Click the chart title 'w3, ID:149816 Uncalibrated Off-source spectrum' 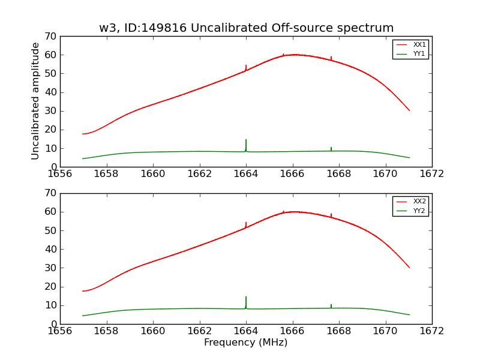click(246, 28)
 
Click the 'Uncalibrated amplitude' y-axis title click(36, 101)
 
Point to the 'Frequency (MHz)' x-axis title click(246, 343)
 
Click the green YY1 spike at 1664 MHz click(246, 144)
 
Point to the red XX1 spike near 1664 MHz click(246, 67)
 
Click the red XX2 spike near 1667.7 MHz click(331, 215)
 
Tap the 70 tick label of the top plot click(50, 37)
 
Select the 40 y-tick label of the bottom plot click(50, 249)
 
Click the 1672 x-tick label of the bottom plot click(432, 331)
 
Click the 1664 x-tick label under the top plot click(246, 173)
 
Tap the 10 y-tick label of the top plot click(50, 148)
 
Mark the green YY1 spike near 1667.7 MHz click(331, 148)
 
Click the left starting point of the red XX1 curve click(83, 134)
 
